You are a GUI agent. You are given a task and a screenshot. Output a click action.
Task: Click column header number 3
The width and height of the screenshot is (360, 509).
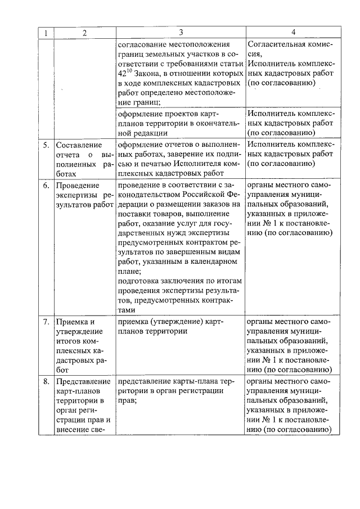[x=181, y=33]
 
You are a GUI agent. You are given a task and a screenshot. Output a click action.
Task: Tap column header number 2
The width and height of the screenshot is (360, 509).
[x=84, y=33]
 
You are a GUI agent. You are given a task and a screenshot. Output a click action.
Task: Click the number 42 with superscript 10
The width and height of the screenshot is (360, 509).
[x=125, y=73]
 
